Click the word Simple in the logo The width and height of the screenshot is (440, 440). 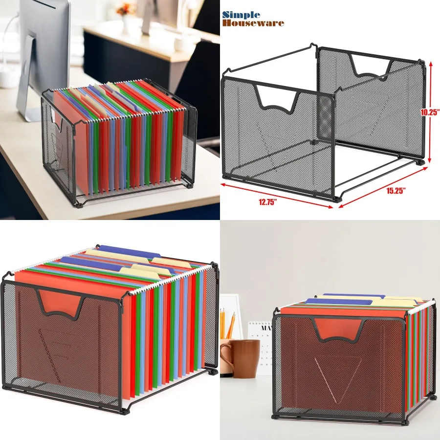tap(242, 14)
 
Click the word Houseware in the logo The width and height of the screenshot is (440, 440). tap(253, 22)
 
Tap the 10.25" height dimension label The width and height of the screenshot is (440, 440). tap(430, 111)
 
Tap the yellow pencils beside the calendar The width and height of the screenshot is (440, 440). tap(227, 325)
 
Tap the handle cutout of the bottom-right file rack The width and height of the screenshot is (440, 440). tap(338, 328)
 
